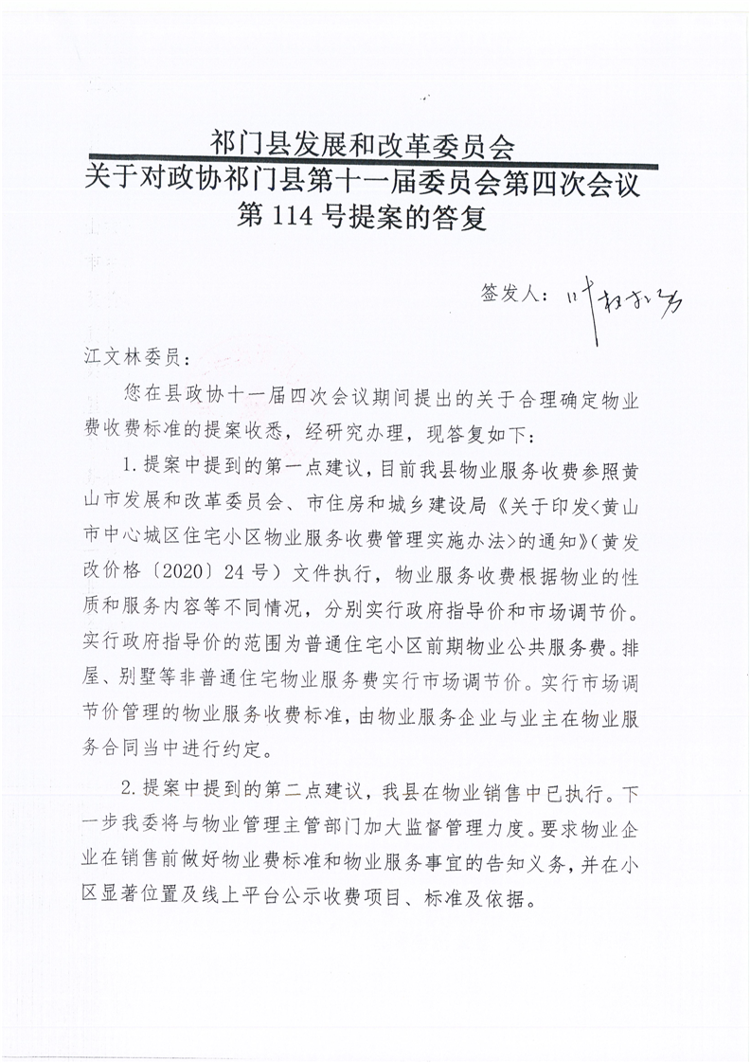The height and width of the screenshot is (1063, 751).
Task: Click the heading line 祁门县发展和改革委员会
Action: point(363,145)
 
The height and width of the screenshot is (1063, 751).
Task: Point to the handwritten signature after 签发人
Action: point(626,300)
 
